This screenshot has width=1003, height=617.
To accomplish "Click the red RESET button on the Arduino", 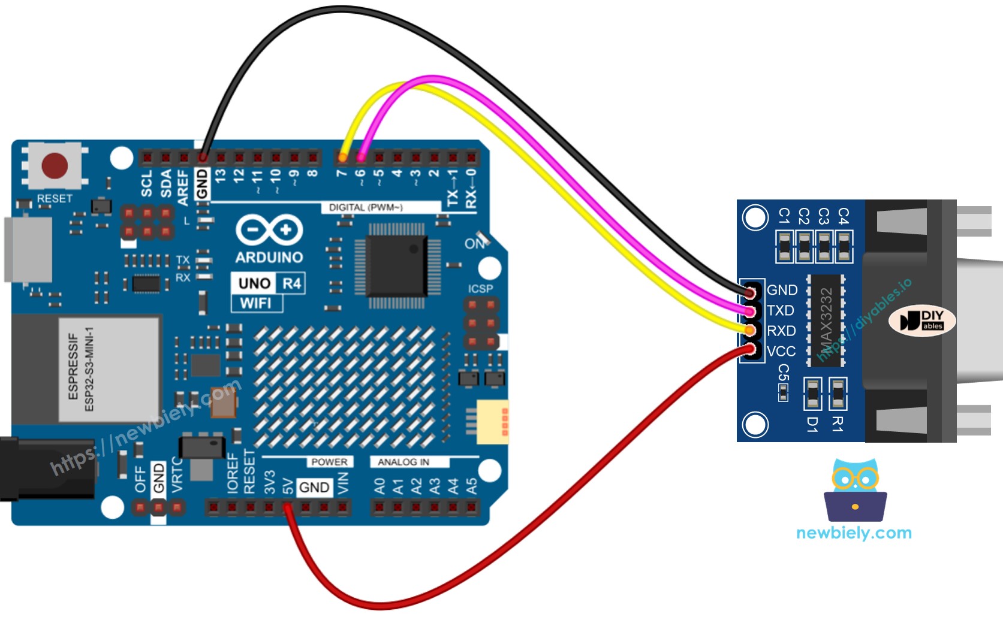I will click(x=55, y=165).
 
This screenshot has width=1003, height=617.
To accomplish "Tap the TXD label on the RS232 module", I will click(x=781, y=310).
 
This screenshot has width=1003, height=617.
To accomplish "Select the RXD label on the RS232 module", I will click(x=781, y=331).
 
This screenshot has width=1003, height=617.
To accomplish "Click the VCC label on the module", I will click(x=781, y=351).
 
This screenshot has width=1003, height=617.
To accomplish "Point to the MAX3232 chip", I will click(x=826, y=320).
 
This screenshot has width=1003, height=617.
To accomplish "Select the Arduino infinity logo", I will click(x=269, y=230).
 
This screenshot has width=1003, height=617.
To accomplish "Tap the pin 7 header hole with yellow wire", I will click(x=342, y=158).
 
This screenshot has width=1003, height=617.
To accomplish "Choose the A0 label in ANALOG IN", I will click(x=379, y=486).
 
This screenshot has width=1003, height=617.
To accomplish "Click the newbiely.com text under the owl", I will click(x=854, y=533).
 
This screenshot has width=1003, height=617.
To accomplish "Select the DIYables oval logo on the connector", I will click(x=921, y=320).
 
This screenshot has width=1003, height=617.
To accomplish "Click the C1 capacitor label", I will click(x=784, y=216).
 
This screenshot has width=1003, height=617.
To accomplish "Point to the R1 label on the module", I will click(x=838, y=424).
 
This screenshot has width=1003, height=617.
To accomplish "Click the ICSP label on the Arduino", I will click(x=480, y=289).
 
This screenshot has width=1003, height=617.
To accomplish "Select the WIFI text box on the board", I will click(x=257, y=303).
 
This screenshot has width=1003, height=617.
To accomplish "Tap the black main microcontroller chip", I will click(x=396, y=265).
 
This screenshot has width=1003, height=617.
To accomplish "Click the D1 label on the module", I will click(x=812, y=424).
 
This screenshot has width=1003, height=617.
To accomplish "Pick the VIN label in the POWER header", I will click(x=343, y=483).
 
